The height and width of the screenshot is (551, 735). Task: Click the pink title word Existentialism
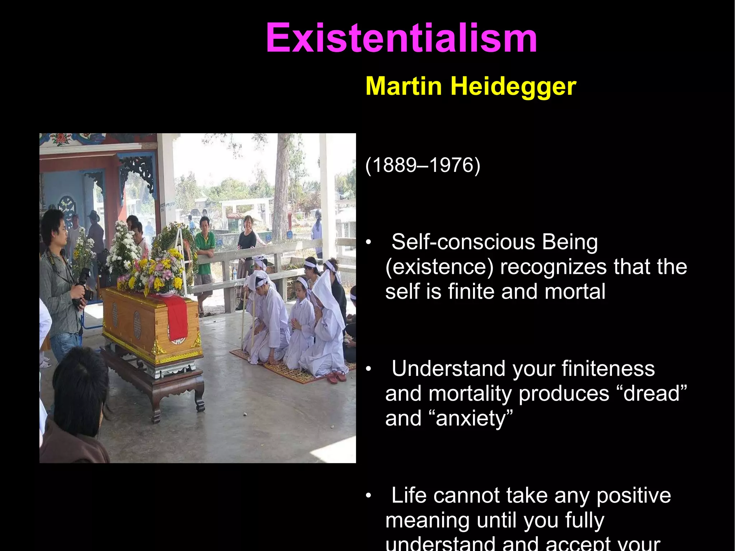(x=401, y=38)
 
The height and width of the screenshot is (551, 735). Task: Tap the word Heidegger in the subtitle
(x=513, y=87)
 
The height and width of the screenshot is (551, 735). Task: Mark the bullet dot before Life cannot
(x=368, y=496)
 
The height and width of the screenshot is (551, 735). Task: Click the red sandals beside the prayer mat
(x=337, y=377)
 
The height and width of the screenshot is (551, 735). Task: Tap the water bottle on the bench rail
(x=234, y=274)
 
